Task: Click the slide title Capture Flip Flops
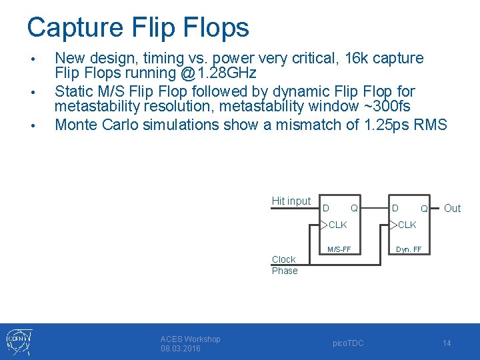click(138, 27)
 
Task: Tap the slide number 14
click(447, 343)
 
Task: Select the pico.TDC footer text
click(348, 343)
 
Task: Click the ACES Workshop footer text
click(190, 339)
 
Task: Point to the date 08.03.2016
click(181, 349)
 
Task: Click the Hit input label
click(291, 201)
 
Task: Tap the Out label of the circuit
click(452, 209)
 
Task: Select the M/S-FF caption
click(338, 250)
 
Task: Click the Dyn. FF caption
click(409, 250)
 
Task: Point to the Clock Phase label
click(284, 265)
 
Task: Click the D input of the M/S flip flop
click(325, 208)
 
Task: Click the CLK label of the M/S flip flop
click(337, 225)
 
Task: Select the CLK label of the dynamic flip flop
click(407, 225)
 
